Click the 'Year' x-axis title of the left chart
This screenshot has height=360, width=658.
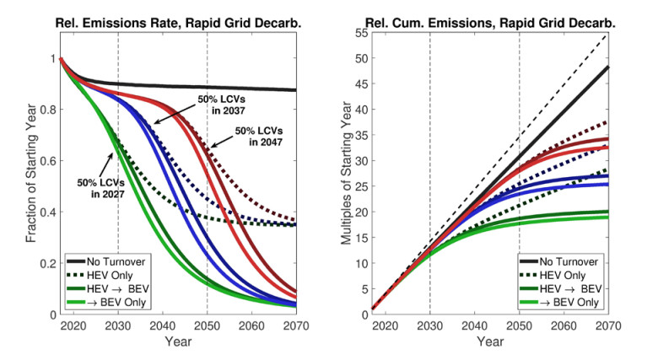point(179,341)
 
